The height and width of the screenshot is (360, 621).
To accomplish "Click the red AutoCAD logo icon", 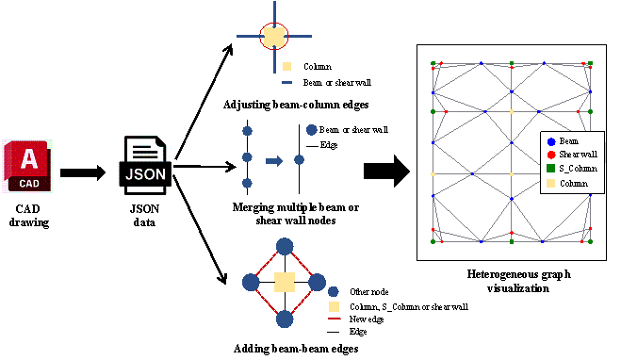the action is click(27, 166).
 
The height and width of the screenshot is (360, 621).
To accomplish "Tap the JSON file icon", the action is click(145, 166).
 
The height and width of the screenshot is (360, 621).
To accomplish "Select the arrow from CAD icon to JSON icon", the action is click(83, 172).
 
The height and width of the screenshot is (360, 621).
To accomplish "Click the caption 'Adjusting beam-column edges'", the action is click(296, 105).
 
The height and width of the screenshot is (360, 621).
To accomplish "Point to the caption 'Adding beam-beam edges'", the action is click(296, 349).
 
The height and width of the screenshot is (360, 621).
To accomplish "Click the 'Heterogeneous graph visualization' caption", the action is click(518, 281).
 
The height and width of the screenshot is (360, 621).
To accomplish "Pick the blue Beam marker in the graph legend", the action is click(551, 141).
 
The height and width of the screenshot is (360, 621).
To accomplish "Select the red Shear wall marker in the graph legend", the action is click(551, 155).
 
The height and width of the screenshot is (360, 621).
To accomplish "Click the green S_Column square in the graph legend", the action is click(551, 169).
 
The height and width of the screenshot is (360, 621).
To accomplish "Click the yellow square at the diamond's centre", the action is click(285, 283).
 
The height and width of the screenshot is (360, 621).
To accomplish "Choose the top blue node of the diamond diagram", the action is click(285, 247).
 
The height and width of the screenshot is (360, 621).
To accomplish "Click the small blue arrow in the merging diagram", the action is click(274, 161).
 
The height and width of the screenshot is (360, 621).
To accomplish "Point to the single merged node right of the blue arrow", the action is click(299, 159).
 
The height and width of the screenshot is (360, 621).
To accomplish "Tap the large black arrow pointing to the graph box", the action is click(387, 172).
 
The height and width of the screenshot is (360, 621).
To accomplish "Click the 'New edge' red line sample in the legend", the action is click(334, 319).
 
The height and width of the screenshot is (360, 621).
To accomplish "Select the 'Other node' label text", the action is click(369, 292).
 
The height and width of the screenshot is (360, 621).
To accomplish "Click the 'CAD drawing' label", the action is click(28, 216).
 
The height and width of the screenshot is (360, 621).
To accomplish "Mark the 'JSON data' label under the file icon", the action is click(144, 216).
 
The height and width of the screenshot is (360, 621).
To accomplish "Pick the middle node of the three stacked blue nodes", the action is click(247, 157).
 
